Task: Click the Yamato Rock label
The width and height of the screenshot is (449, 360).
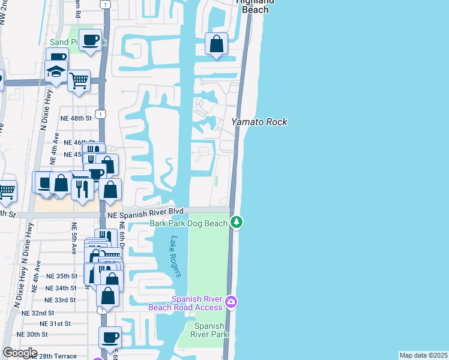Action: pyautogui.click(x=259, y=122)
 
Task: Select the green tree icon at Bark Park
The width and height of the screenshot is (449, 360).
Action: pyautogui.click(x=237, y=223)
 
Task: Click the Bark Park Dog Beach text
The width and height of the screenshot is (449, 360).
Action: pyautogui.click(x=188, y=223)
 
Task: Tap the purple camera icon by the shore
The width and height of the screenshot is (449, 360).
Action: pyautogui.click(x=232, y=302)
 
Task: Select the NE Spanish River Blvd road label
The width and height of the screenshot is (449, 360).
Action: pyautogui.click(x=145, y=212)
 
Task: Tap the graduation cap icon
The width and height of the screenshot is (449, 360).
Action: pyautogui.click(x=56, y=72)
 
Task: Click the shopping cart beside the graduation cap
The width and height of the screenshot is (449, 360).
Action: pyautogui.click(x=79, y=79)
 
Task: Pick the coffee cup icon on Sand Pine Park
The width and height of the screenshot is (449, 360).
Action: pyautogui.click(x=91, y=40)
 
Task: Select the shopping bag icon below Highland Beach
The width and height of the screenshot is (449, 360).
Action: pyautogui.click(x=216, y=44)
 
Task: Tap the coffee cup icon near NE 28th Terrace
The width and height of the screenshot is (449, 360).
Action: pyautogui.click(x=110, y=338)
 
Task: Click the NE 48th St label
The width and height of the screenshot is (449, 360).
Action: pyautogui.click(x=76, y=119)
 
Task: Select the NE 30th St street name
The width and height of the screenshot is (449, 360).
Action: pyautogui.click(x=32, y=334)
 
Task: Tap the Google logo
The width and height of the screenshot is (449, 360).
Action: pyautogui.click(x=20, y=353)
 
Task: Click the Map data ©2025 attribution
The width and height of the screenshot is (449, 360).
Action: pyautogui.click(x=423, y=355)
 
